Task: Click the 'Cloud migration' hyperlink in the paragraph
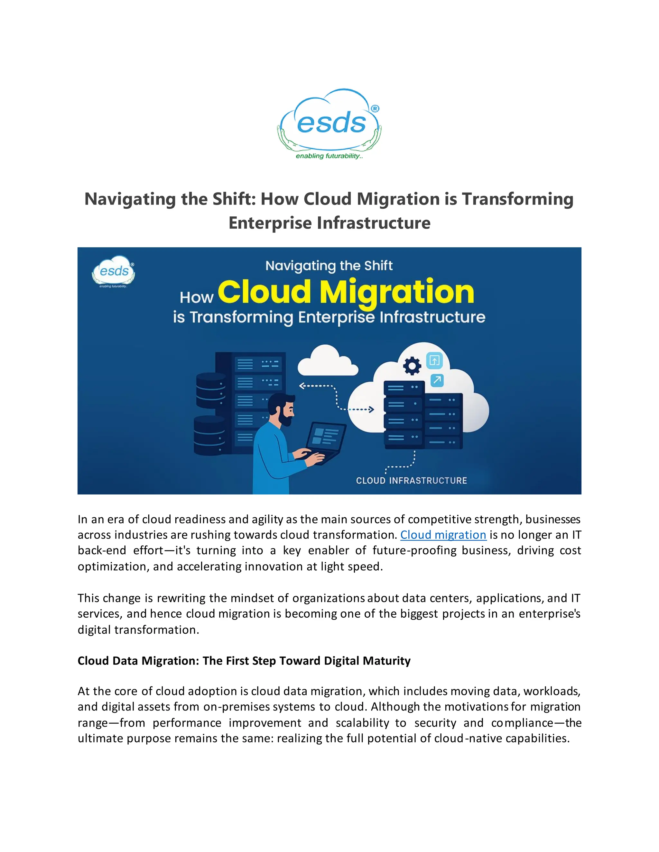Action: tap(443, 535)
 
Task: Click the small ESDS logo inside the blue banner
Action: tap(114, 271)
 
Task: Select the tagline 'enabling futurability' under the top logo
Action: tap(329, 156)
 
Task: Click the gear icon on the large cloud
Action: tap(412, 366)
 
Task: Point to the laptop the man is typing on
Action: tap(325, 441)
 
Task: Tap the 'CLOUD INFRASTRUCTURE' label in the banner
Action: tap(411, 481)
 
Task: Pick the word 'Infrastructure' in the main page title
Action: tap(374, 223)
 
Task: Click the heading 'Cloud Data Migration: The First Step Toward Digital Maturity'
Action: tap(244, 660)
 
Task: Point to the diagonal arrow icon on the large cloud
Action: tap(437, 380)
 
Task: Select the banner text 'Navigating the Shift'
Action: tap(329, 266)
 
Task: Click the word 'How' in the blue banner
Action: tap(196, 298)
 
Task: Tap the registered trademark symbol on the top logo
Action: tap(375, 109)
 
